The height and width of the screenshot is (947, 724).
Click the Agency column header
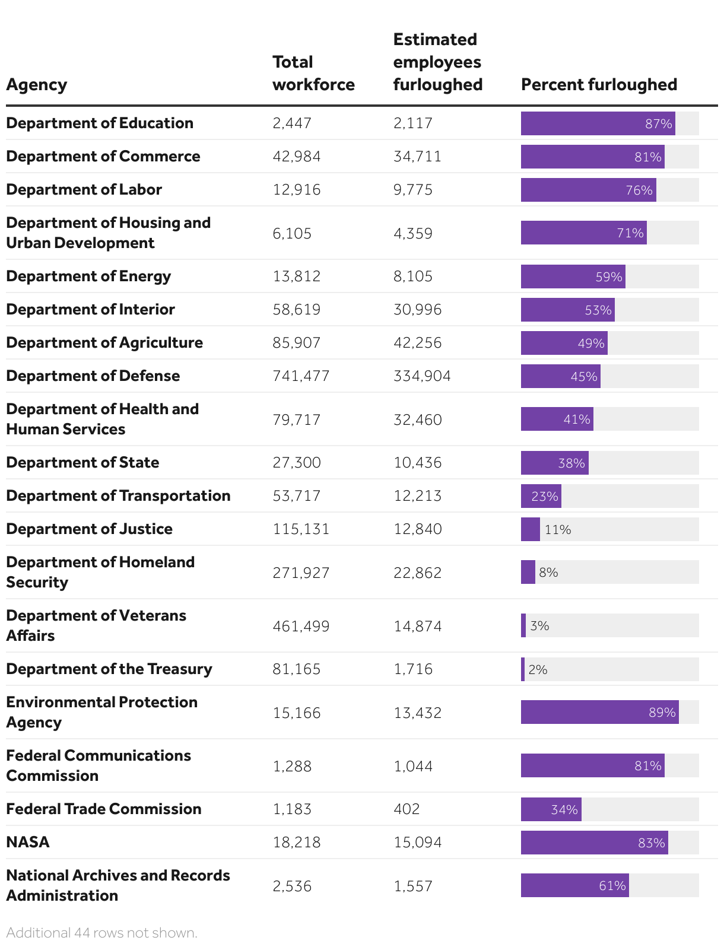(37, 85)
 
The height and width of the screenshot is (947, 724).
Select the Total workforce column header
(313, 74)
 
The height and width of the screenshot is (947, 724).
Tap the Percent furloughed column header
(599, 85)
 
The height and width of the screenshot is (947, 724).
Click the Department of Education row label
(100, 123)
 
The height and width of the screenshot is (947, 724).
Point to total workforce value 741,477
(301, 376)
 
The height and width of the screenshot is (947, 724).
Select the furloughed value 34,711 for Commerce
(417, 157)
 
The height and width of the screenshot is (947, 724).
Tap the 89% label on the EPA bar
(662, 712)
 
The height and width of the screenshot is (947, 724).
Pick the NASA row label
(28, 842)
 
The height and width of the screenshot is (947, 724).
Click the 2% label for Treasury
(538, 669)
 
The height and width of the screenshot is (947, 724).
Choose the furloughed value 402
(407, 809)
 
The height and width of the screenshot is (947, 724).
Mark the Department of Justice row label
(89, 529)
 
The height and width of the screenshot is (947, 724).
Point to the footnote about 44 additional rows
(101, 932)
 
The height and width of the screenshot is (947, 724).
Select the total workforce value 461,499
(301, 626)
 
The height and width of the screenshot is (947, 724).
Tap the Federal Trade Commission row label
(104, 809)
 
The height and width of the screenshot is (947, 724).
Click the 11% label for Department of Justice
(558, 529)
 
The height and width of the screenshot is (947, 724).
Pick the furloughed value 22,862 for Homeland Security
(417, 573)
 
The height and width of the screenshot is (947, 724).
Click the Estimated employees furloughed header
(437, 62)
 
